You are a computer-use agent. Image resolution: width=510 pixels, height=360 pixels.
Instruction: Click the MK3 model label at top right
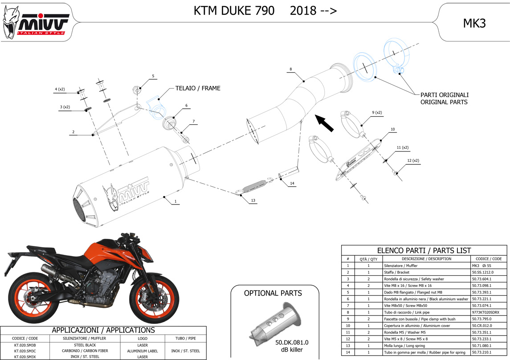[474, 24]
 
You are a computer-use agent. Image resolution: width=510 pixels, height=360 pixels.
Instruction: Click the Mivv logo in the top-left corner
[35, 22]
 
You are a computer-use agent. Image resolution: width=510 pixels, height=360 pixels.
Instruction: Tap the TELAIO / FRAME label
[198, 88]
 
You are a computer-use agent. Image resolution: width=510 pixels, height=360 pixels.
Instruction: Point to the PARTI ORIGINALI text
[444, 94]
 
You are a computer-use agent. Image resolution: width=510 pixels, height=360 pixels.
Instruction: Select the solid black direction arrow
[324, 123]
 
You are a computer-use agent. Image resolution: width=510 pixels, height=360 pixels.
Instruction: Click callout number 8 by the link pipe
[291, 69]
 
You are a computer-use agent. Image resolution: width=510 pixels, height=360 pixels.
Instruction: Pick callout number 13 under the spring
[253, 200]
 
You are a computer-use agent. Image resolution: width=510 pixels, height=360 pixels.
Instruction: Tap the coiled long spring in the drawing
[255, 186]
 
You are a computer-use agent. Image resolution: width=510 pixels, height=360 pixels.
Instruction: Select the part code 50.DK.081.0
[292, 343]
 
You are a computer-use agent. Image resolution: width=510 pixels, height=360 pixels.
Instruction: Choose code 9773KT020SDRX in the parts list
[486, 312]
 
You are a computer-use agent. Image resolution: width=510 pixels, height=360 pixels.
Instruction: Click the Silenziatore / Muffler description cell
[400, 266]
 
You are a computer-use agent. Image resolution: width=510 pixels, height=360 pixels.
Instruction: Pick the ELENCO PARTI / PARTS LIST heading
[424, 250]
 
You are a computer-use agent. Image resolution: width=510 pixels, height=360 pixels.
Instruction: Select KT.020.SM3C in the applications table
[25, 351]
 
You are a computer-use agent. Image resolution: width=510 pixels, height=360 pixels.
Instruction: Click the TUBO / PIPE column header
[185, 338]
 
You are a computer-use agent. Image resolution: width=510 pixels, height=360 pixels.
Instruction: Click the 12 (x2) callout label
[413, 161]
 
